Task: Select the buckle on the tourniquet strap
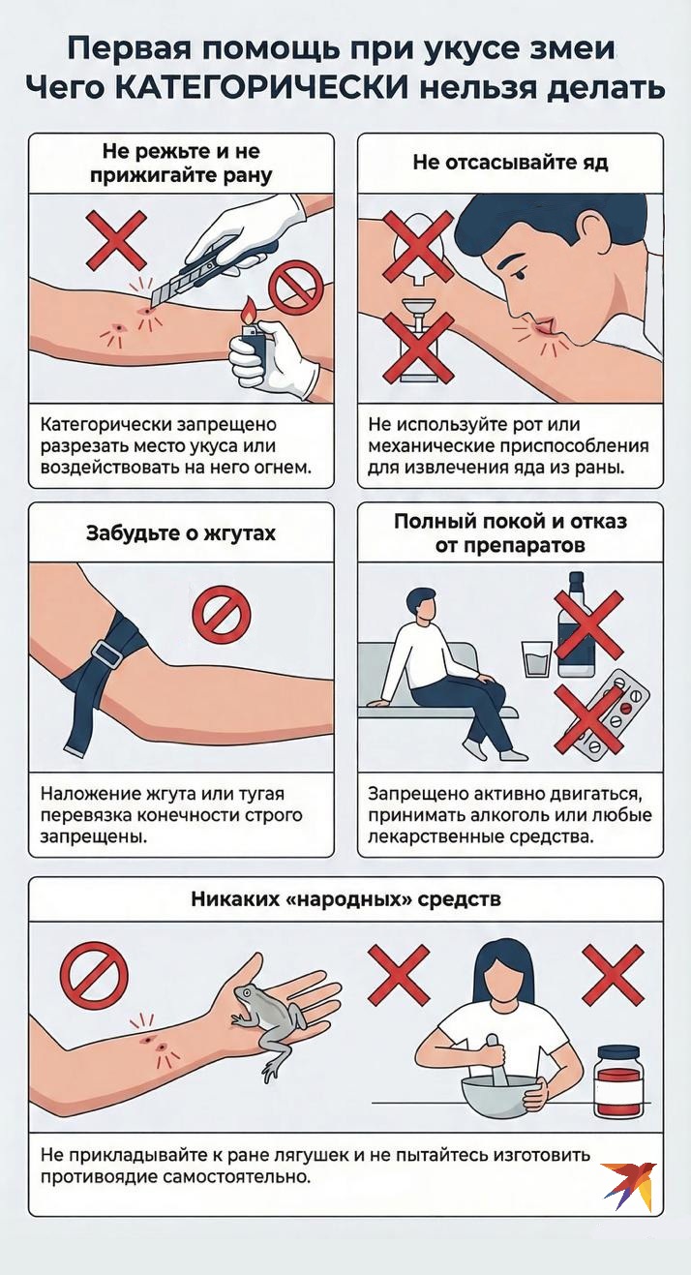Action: tap(105, 653)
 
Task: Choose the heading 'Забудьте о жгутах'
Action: tap(180, 533)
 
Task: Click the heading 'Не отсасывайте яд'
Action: tap(510, 163)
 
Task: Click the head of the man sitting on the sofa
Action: tap(422, 604)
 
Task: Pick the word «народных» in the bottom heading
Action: tap(347, 899)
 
